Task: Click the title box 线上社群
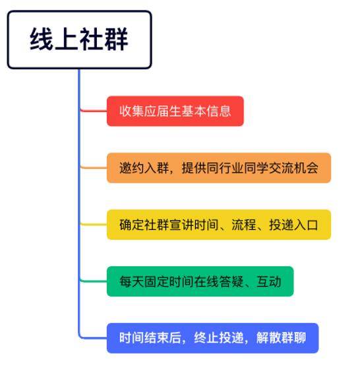pyautogui.click(x=80, y=40)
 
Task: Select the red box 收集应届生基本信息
pyautogui.click(x=175, y=111)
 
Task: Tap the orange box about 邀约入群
pyautogui.click(x=219, y=168)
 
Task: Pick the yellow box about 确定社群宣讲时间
pyautogui.click(x=219, y=225)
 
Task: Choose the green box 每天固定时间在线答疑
pyautogui.click(x=200, y=281)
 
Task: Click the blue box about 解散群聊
pyautogui.click(x=213, y=338)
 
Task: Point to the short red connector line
pyautogui.click(x=94, y=111)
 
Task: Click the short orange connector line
pyautogui.click(x=94, y=167)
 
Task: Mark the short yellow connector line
pyautogui.click(x=94, y=225)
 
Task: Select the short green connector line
pyautogui.click(x=94, y=281)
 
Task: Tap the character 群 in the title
pyautogui.click(x=116, y=40)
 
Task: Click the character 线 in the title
pyautogui.click(x=42, y=40)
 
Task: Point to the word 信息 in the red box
pyautogui.click(x=219, y=111)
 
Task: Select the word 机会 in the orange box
pyautogui.click(x=306, y=168)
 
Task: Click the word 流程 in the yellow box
pyautogui.click(x=244, y=225)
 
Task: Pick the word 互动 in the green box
pyautogui.click(x=269, y=281)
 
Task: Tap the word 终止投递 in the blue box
pyautogui.click(x=219, y=338)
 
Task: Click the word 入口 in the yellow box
pyautogui.click(x=306, y=225)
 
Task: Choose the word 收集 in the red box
pyautogui.click(x=132, y=111)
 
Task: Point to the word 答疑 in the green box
pyautogui.click(x=231, y=281)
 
